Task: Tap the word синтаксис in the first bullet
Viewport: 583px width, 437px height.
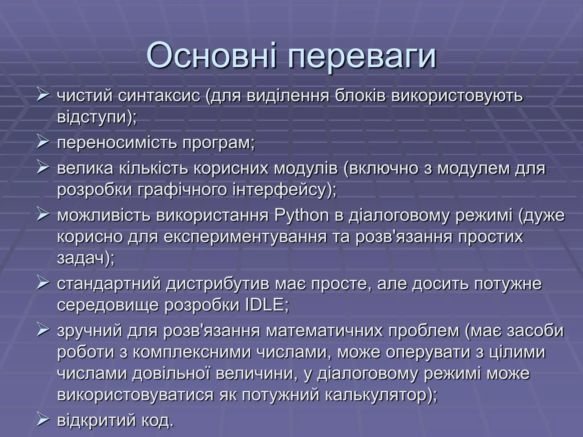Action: (159, 96)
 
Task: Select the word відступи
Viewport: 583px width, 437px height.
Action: (94, 117)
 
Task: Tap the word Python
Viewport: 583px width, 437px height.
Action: (302, 215)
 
